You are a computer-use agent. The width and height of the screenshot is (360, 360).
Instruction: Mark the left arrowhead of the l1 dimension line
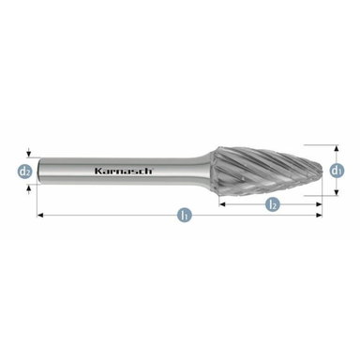(x=40, y=217)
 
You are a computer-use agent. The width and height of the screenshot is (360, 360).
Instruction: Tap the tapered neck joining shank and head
(x=208, y=172)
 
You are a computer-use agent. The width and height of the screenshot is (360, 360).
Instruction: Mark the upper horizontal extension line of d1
(x=314, y=145)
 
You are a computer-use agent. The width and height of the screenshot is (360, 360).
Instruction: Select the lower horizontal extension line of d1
(x=314, y=196)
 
